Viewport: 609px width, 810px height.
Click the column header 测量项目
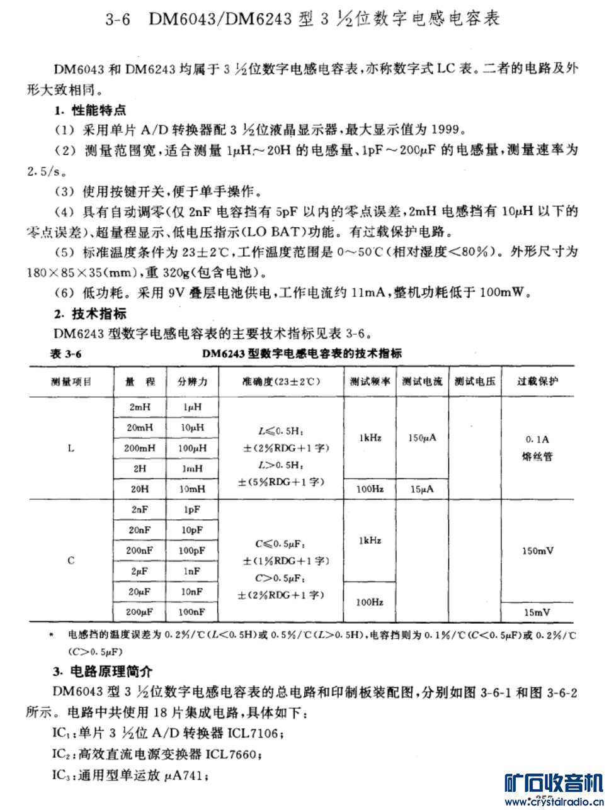coord(71,382)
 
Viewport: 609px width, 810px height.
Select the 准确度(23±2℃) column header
coord(281,381)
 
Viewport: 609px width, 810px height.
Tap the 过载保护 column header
coord(537,381)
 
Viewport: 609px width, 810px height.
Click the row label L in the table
coord(71,448)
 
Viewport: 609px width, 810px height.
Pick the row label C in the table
coord(71,560)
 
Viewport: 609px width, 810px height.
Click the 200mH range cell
coord(140,448)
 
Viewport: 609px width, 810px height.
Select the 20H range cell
coord(140,488)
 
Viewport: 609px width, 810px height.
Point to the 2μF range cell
coord(140,571)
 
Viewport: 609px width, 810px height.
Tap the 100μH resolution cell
coord(192,448)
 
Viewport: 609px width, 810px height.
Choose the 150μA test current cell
coord(422,438)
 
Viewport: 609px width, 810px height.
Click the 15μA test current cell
coord(422,489)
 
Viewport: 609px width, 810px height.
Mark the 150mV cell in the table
coord(537,551)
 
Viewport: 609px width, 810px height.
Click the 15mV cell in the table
coord(537,612)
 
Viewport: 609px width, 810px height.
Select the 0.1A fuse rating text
coord(537,439)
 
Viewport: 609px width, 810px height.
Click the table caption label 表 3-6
coord(65,354)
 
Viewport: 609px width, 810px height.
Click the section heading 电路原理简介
coord(111,671)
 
